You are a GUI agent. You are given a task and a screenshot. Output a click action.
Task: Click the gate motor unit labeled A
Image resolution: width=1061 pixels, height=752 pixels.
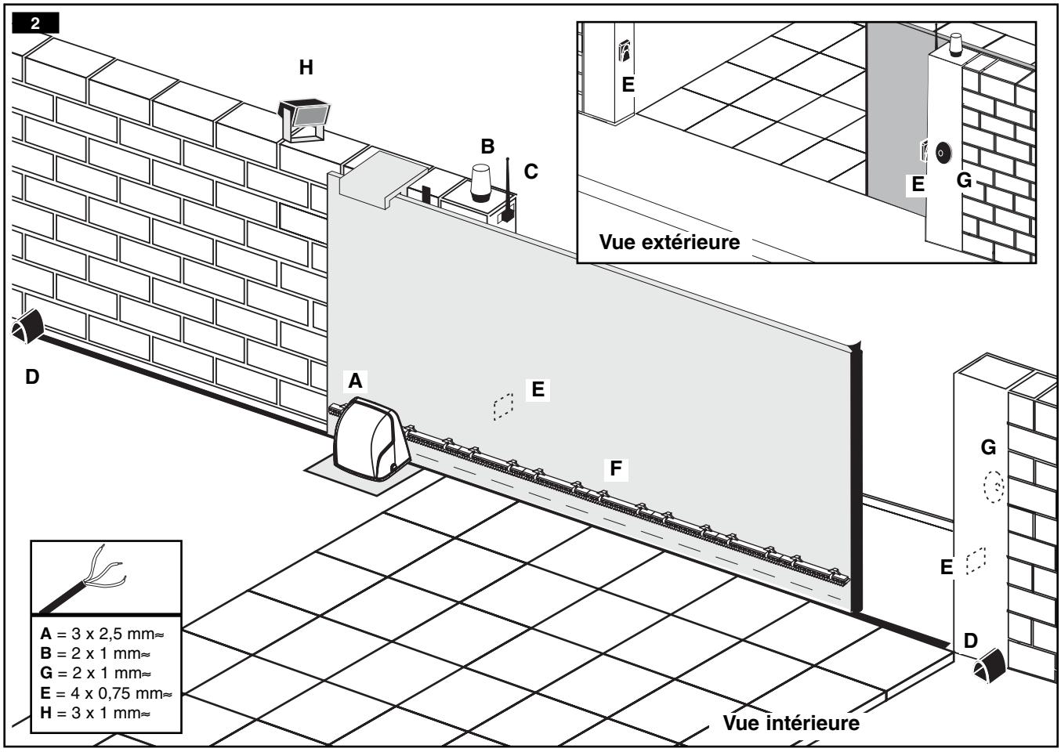(x=371, y=439)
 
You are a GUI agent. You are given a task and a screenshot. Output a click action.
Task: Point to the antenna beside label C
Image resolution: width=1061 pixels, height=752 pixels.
(x=508, y=192)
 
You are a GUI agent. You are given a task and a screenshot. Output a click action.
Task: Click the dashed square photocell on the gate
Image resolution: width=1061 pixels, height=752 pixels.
(x=503, y=407)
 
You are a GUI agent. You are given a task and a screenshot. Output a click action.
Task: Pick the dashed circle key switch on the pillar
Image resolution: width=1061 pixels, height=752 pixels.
(x=993, y=487)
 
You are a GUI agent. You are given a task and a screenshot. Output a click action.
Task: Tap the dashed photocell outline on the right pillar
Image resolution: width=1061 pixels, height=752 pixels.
(x=976, y=561)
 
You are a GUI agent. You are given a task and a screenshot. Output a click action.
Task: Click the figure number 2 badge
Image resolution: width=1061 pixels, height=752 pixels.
(x=35, y=23)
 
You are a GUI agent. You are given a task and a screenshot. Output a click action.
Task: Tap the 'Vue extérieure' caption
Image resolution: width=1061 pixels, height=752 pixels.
(x=669, y=241)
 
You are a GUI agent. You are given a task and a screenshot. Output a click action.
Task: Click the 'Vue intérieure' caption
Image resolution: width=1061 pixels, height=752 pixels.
(x=791, y=722)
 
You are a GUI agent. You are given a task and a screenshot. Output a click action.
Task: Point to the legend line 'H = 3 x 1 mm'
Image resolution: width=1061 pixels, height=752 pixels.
(x=95, y=713)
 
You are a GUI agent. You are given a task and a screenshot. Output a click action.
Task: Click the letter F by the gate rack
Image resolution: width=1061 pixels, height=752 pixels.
(x=616, y=468)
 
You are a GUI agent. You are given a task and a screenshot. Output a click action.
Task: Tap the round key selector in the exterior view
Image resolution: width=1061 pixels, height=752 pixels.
(x=940, y=153)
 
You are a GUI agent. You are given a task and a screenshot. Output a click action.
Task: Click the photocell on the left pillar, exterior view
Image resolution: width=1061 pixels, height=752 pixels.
(x=625, y=52)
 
